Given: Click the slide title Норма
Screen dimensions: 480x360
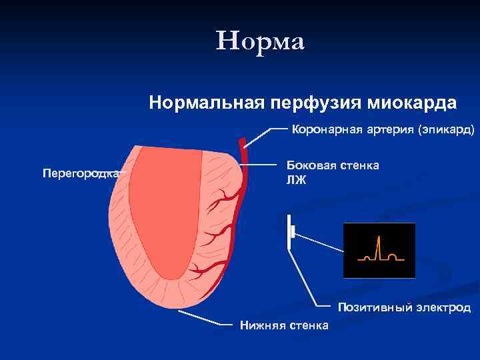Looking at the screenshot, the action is pyautogui.click(x=260, y=41).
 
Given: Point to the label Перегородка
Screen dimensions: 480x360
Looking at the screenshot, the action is pyautogui.click(x=81, y=173).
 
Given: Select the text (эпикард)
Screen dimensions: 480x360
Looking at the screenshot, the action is pyautogui.click(x=446, y=129).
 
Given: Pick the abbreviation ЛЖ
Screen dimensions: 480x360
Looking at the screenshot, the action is pyautogui.click(x=296, y=180).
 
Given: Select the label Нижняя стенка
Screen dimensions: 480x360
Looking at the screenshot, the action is pyautogui.click(x=284, y=325).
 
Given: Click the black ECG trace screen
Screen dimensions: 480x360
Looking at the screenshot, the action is pyautogui.click(x=379, y=250).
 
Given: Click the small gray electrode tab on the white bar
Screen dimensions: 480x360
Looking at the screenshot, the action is pyautogui.click(x=293, y=231).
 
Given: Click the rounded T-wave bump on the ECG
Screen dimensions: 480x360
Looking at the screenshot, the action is pyautogui.click(x=393, y=255).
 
